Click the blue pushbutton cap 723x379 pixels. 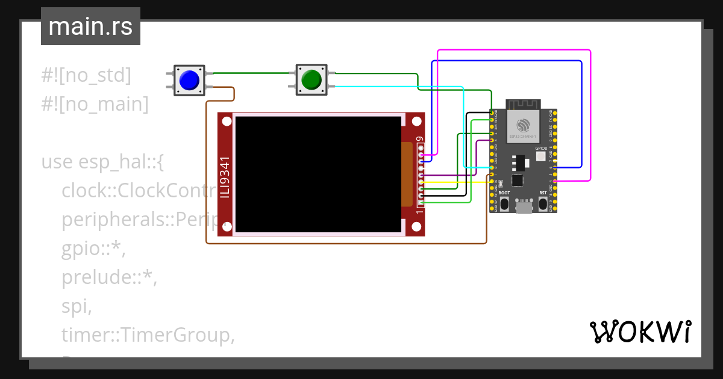click(189, 80)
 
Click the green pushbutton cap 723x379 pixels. click(311, 79)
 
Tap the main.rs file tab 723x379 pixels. click(90, 27)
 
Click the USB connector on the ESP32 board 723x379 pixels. click(524, 208)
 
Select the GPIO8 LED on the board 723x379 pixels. click(540, 156)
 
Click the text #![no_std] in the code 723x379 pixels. click(86, 75)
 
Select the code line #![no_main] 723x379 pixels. click(95, 104)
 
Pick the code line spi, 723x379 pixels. click(77, 307)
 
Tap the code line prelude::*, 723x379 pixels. click(109, 278)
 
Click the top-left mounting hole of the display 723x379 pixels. click(226, 122)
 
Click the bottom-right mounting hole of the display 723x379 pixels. click(416, 227)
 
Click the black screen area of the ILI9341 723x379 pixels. click(318, 174)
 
